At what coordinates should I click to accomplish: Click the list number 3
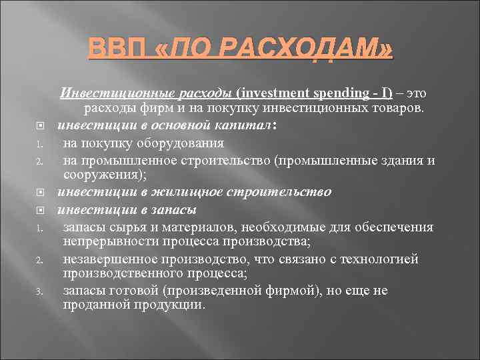[x=40, y=291]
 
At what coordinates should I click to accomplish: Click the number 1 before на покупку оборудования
[x=40, y=143]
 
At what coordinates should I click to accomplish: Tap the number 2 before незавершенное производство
[x=40, y=259]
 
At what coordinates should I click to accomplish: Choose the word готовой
[x=148, y=291]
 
